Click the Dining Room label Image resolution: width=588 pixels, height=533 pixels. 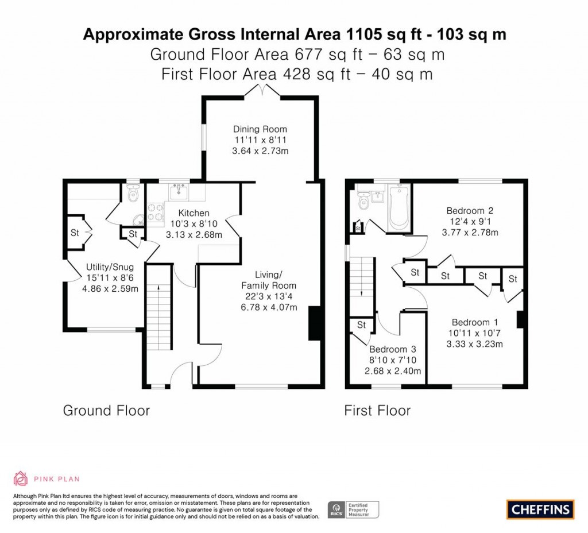pos(260,129)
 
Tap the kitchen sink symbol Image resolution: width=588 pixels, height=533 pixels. pos(180,191)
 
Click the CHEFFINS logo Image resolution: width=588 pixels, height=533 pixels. pos(540,509)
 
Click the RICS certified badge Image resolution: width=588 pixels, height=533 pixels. pos(354,509)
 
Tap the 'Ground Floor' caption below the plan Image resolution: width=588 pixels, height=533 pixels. pos(106,411)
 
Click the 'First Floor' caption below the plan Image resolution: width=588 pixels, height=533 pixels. pos(377,411)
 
